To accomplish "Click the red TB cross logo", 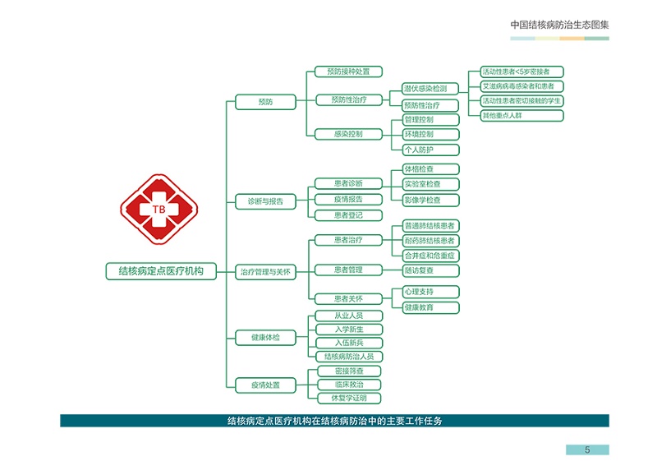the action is pyautogui.click(x=159, y=210).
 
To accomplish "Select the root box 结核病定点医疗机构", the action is pyautogui.click(x=161, y=271).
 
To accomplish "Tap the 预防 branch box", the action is pyautogui.click(x=265, y=102).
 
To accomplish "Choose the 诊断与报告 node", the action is pyautogui.click(x=265, y=201).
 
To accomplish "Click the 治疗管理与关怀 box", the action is pyautogui.click(x=265, y=272).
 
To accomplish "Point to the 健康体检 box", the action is pyautogui.click(x=265, y=338).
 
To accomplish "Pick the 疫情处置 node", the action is pyautogui.click(x=265, y=385).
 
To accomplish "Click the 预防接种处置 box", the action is pyautogui.click(x=348, y=71).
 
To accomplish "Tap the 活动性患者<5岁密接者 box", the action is pyautogui.click(x=522, y=71).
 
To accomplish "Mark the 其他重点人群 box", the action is pyautogui.click(x=522, y=115).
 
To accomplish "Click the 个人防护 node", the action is pyautogui.click(x=430, y=150).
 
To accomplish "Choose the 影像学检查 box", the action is pyautogui.click(x=430, y=200).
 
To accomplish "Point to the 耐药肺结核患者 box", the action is pyautogui.click(x=430, y=241).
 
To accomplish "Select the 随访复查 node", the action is pyautogui.click(x=430, y=270).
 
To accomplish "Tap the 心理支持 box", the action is pyautogui.click(x=430, y=292).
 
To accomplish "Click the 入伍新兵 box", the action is pyautogui.click(x=349, y=343).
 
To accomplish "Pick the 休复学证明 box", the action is pyautogui.click(x=349, y=398).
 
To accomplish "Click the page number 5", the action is pyautogui.click(x=587, y=450).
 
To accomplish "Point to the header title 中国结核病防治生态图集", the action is pyautogui.click(x=559, y=25).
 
